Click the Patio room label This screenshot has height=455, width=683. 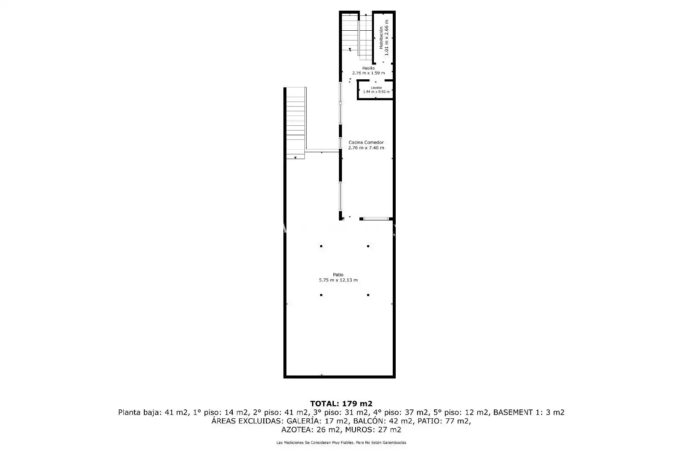pos(338,275)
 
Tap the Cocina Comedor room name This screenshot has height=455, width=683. pos(366,142)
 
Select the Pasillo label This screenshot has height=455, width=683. pos(368,68)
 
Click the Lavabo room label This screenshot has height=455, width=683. pos(376,88)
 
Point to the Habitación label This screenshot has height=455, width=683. pos(381,38)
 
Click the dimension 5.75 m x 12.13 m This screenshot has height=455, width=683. pos(338,280)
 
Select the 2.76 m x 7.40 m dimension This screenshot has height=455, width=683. pos(366,148)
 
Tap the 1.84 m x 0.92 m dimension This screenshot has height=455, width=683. pos(376,92)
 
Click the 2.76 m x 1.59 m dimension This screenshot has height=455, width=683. pos(368,73)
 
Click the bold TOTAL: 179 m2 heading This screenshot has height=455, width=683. pos(341,404)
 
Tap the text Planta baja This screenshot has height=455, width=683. pos(139,412)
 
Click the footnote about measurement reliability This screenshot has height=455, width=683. pos(341,443)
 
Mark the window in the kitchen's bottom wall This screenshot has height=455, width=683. pos(376,219)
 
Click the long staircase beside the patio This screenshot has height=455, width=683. pos(295,123)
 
